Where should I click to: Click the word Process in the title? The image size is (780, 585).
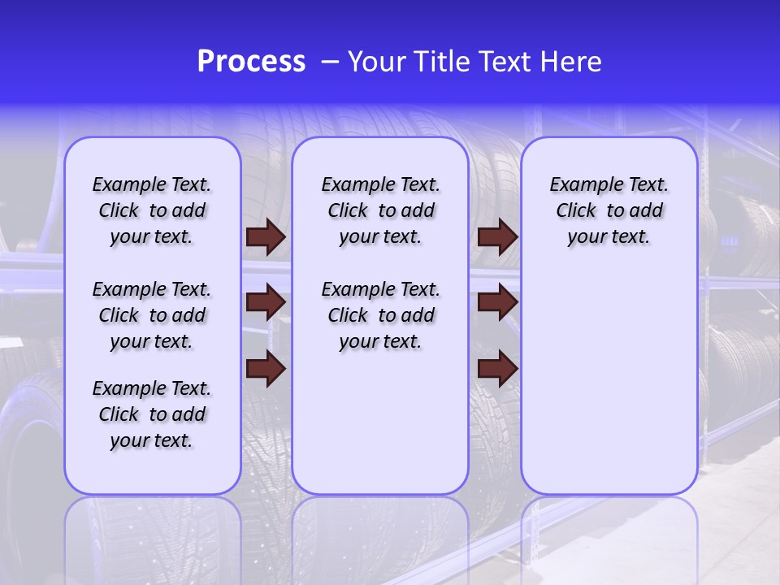(251, 62)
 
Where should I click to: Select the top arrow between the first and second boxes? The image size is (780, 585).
(266, 237)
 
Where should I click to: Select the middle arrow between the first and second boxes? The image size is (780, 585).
(266, 303)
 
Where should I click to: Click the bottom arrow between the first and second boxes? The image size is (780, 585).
(266, 369)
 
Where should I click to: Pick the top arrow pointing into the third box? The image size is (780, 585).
(498, 237)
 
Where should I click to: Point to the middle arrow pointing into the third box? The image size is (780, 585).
(498, 303)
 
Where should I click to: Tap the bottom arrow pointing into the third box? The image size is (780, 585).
(498, 369)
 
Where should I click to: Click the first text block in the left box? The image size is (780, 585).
(152, 210)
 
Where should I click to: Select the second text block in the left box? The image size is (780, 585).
(152, 315)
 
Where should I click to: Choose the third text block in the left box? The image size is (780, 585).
(152, 414)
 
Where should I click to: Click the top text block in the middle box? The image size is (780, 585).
(380, 210)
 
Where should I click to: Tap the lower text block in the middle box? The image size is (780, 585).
(380, 315)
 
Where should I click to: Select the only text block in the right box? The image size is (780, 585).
(609, 210)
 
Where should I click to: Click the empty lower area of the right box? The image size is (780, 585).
(609, 382)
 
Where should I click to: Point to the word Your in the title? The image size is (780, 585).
(377, 62)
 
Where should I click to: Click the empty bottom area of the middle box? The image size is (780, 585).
(380, 431)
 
